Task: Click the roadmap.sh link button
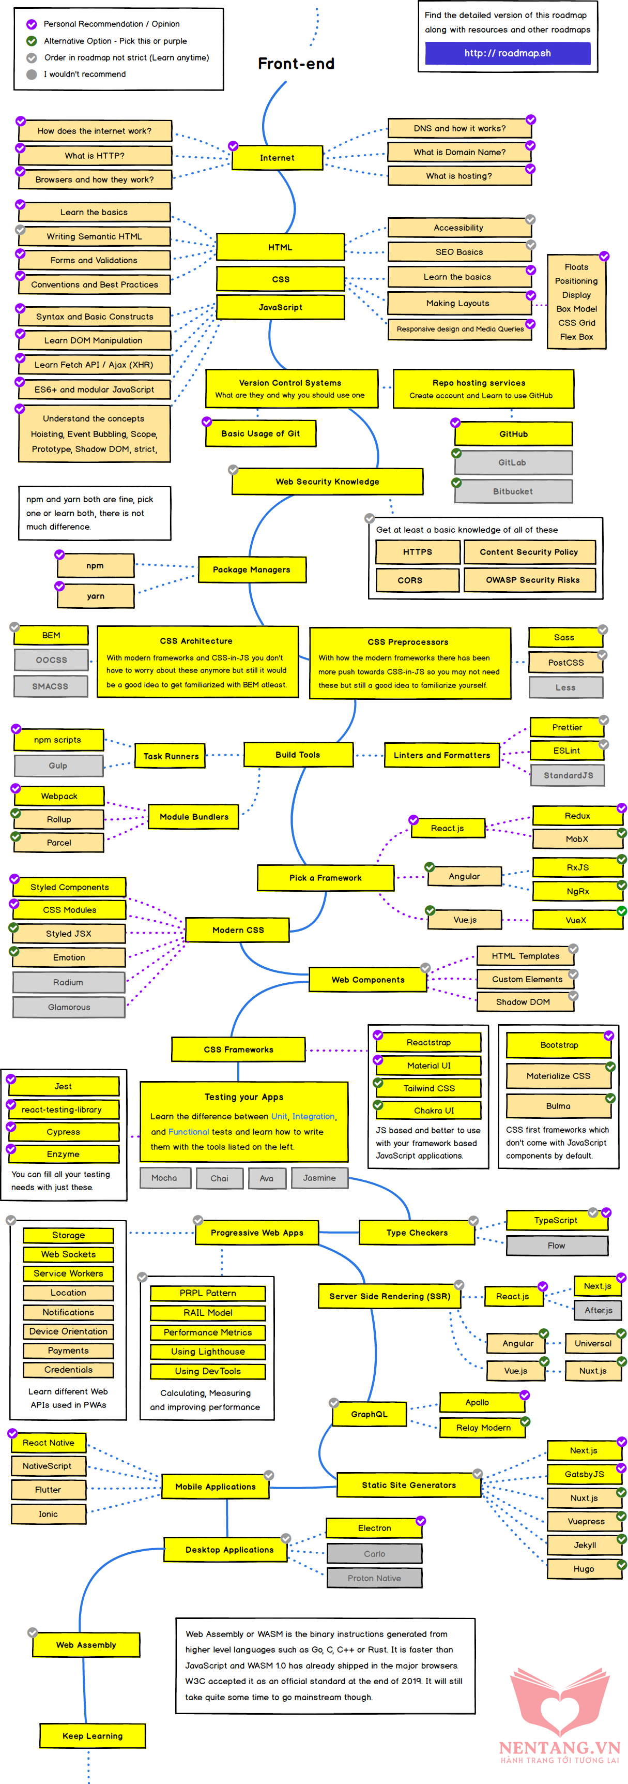click(x=508, y=53)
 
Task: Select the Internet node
click(x=277, y=158)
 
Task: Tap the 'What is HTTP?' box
click(x=95, y=156)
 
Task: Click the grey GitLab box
click(x=513, y=462)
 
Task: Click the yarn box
click(x=96, y=596)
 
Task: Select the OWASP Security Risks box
click(x=530, y=580)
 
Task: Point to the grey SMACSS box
click(x=51, y=686)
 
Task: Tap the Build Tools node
click(x=298, y=755)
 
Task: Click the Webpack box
click(x=59, y=797)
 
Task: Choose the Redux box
click(x=577, y=816)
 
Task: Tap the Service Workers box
click(x=69, y=1273)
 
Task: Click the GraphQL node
click(x=369, y=1414)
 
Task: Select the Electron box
click(x=375, y=1528)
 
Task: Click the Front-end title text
click(x=296, y=64)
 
